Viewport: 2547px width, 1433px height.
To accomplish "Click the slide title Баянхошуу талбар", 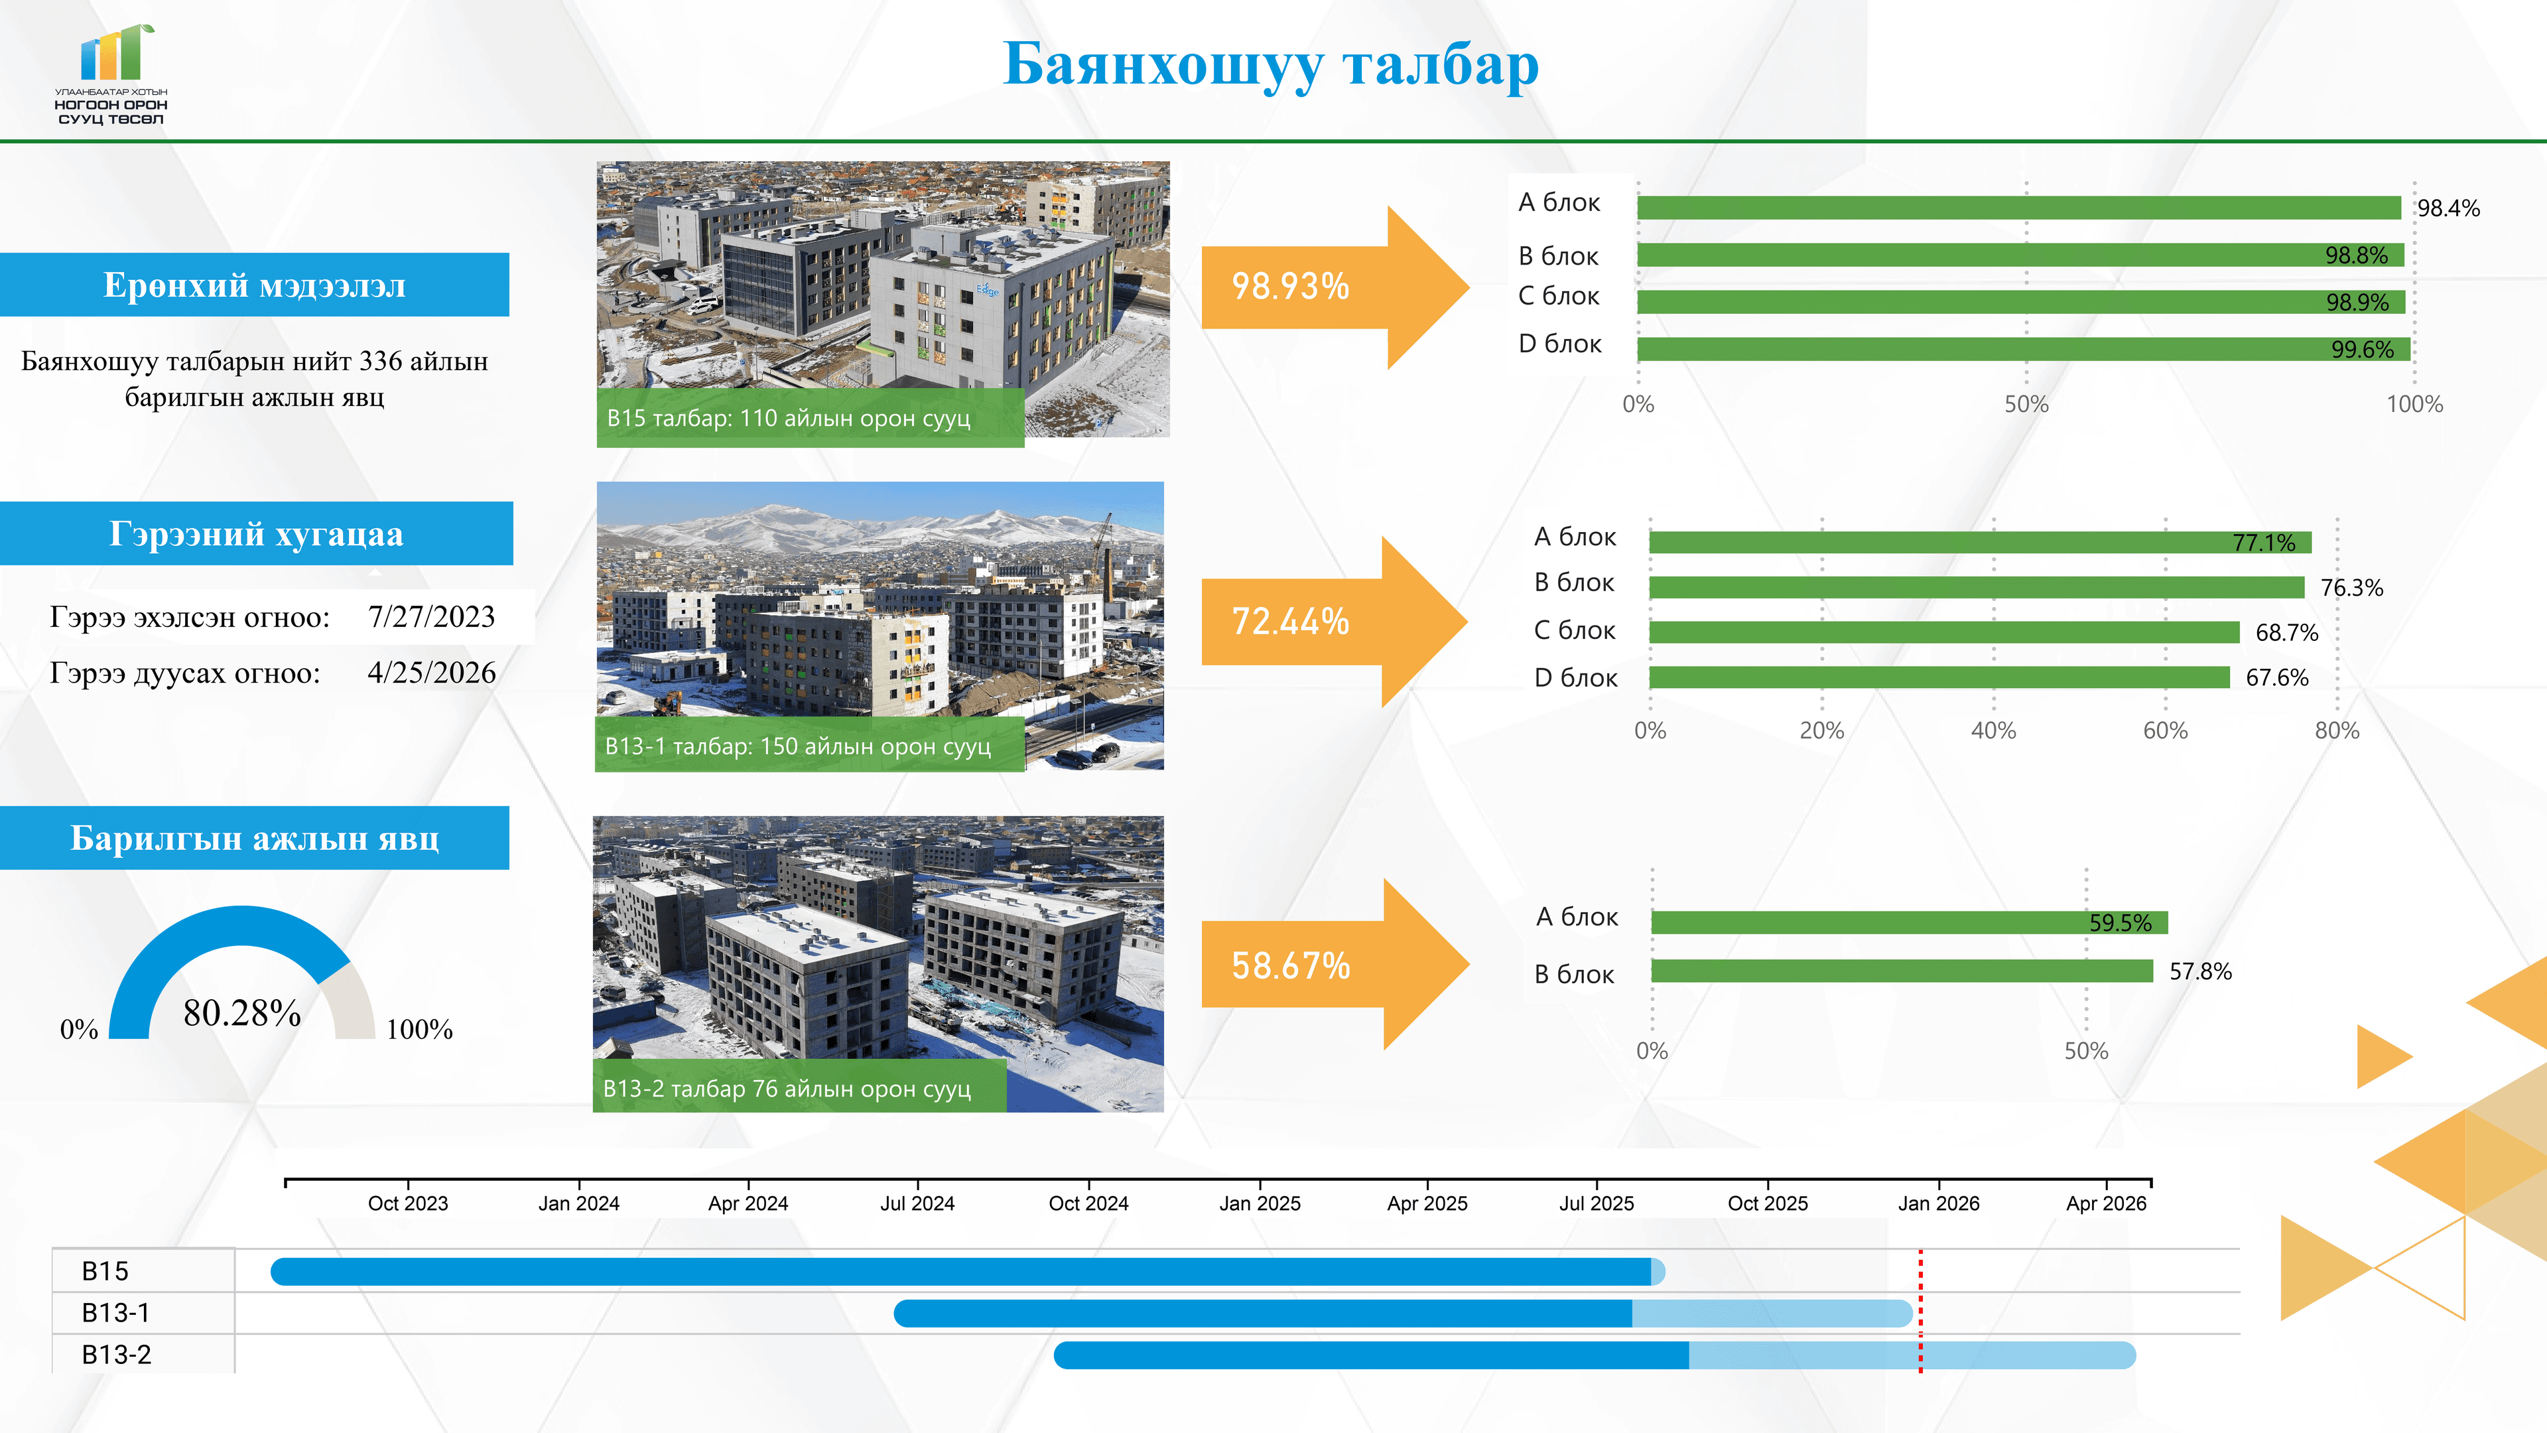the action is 1271,65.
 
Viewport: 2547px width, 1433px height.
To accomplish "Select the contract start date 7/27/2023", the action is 431,616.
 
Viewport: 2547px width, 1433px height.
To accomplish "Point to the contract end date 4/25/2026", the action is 431,673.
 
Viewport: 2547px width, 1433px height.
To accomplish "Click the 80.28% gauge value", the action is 242,1012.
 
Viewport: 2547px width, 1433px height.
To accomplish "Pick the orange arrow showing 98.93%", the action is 1335,287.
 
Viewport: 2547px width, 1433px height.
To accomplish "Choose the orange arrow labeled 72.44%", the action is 1335,621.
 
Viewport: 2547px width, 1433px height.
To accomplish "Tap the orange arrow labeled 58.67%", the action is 1335,964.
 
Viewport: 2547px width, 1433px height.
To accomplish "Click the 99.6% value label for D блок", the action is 2362,349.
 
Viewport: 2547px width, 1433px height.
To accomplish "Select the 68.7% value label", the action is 2286,632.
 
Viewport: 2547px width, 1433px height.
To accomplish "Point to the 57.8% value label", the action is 2200,971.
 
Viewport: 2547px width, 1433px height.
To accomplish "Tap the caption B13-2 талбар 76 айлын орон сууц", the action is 787,1088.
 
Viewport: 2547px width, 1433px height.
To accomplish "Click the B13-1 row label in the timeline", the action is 115,1312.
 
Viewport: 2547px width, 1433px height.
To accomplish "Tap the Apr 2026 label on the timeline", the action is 2106,1203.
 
